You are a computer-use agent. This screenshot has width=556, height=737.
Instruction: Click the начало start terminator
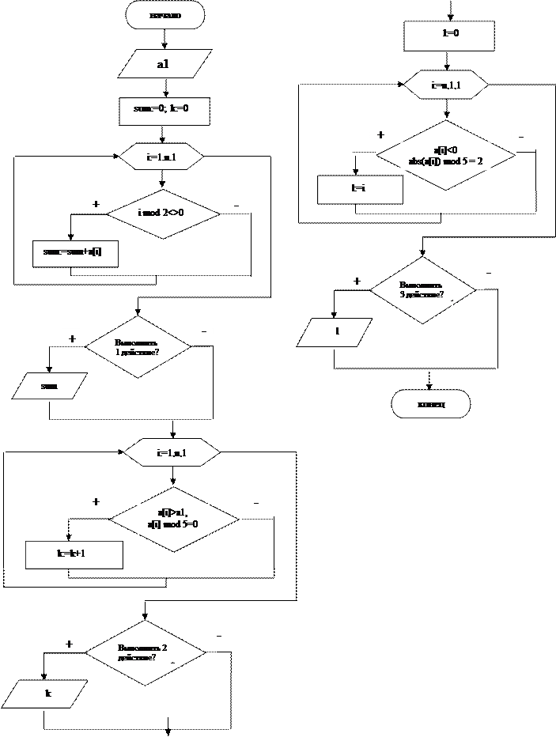[x=165, y=15]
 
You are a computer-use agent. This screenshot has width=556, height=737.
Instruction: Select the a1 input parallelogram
[x=165, y=64]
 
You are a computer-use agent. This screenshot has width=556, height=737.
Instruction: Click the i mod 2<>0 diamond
[x=162, y=214]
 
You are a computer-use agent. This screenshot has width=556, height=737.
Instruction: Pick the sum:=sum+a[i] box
[x=75, y=253]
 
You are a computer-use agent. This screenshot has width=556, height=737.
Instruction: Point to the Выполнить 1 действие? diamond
[x=138, y=346]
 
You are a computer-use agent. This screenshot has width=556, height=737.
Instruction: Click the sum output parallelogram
[x=49, y=386]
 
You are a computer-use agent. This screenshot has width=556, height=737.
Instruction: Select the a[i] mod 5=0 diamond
[x=174, y=519]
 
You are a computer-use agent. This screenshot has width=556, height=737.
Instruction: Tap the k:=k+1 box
[x=74, y=554]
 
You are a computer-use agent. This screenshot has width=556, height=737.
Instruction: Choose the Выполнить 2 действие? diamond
[x=145, y=653]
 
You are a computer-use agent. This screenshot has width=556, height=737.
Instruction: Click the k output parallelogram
[x=45, y=694]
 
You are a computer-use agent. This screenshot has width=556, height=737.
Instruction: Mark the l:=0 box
[x=449, y=36]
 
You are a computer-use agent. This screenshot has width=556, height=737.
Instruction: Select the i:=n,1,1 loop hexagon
[x=446, y=85]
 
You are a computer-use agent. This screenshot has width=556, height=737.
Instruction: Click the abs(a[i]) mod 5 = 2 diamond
[x=446, y=155]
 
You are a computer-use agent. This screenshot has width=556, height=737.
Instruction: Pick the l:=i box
[x=360, y=190]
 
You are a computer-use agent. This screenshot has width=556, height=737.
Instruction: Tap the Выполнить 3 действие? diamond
[x=423, y=290]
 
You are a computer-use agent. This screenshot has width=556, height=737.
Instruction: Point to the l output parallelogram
[x=335, y=332]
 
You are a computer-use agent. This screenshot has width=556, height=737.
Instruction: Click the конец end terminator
[x=431, y=404]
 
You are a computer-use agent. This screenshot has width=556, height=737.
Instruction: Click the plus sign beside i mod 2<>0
[x=95, y=203]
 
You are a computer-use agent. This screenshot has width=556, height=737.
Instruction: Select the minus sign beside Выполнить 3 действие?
[x=488, y=270]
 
